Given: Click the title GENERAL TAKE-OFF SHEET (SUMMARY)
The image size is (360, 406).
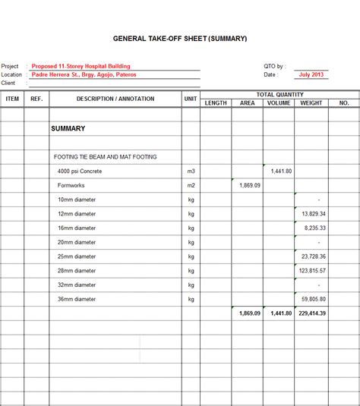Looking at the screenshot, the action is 179,38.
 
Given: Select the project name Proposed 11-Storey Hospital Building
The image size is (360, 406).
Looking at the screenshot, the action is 81,67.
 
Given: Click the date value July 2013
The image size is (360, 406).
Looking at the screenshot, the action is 311,75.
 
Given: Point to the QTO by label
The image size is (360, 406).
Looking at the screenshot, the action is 274,67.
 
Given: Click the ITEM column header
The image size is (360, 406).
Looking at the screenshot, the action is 12,99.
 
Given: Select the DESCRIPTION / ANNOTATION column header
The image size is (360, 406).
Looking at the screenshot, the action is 115,99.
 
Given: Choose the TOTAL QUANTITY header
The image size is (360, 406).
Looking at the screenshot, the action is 279,95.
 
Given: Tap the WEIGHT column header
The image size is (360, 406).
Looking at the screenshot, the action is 311,103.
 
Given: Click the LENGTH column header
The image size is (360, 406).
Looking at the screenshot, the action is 216,103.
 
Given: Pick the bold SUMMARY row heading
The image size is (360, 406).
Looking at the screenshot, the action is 68,129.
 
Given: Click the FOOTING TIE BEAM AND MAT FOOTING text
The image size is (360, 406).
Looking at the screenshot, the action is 106,157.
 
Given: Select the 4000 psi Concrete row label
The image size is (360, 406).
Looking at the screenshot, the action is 80,172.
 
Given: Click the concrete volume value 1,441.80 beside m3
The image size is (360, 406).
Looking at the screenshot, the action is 281,172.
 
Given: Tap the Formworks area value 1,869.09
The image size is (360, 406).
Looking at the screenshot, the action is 249,185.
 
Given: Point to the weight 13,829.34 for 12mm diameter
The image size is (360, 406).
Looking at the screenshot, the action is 314,214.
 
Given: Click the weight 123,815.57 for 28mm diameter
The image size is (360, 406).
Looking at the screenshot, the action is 312,271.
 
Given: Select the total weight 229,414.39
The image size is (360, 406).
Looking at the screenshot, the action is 311,313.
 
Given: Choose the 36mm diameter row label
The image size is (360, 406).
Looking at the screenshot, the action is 77,299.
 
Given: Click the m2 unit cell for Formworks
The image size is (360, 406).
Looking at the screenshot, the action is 191,185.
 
